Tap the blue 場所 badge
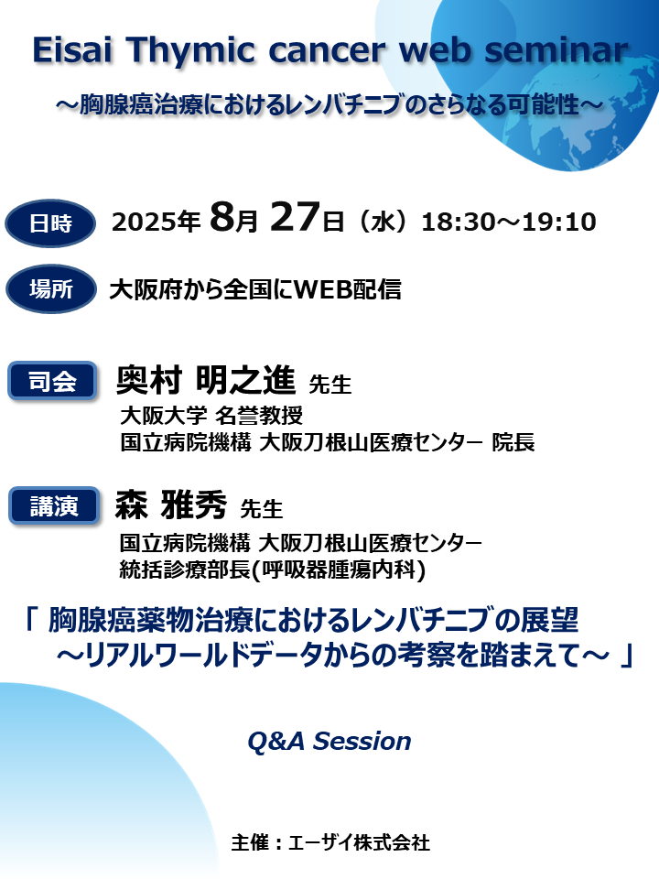pyautogui.click(x=50, y=290)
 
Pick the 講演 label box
pyautogui.click(x=52, y=505)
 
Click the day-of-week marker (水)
pyautogui.click(x=384, y=222)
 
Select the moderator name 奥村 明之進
pyautogui.click(x=206, y=379)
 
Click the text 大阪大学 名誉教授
pyautogui.click(x=211, y=415)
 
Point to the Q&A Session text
pyautogui.click(x=329, y=741)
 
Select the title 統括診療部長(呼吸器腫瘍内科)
pyautogui.click(x=272, y=570)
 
